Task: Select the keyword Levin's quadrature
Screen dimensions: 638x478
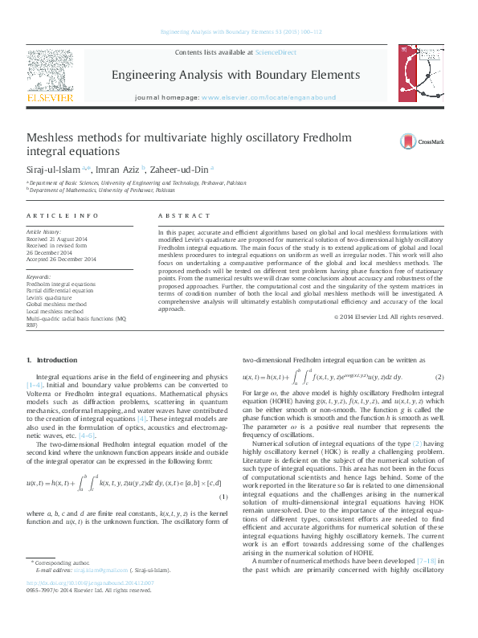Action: [55, 297]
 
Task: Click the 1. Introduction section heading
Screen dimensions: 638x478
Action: [52, 360]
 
